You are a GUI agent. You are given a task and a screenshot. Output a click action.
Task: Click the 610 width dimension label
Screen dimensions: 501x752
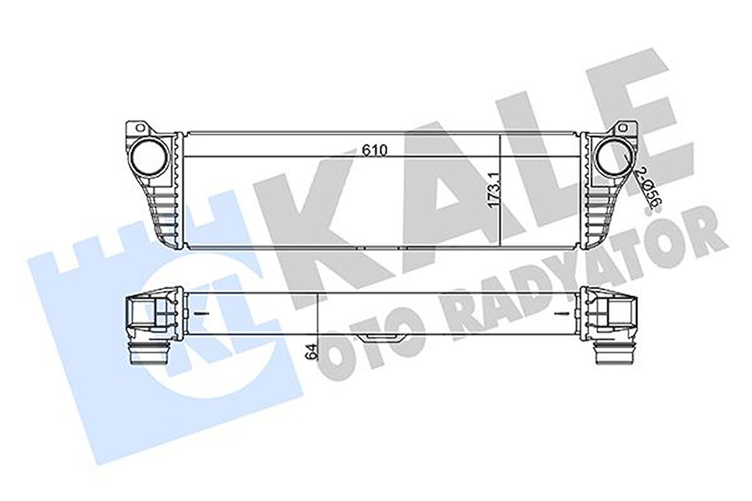[x=375, y=150]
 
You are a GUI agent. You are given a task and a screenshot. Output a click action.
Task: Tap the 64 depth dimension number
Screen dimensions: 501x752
[x=310, y=351]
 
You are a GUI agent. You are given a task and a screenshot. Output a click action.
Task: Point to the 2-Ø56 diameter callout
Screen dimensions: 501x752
[x=649, y=189]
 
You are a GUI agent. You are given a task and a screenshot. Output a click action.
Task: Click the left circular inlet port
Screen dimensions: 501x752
[x=150, y=156]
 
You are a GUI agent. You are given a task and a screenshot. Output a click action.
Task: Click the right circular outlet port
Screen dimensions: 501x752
[x=612, y=156]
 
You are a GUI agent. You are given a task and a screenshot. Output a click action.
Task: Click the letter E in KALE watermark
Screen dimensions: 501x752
[x=637, y=108]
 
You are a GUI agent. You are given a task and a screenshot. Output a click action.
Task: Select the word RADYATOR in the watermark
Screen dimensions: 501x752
[x=574, y=274]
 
